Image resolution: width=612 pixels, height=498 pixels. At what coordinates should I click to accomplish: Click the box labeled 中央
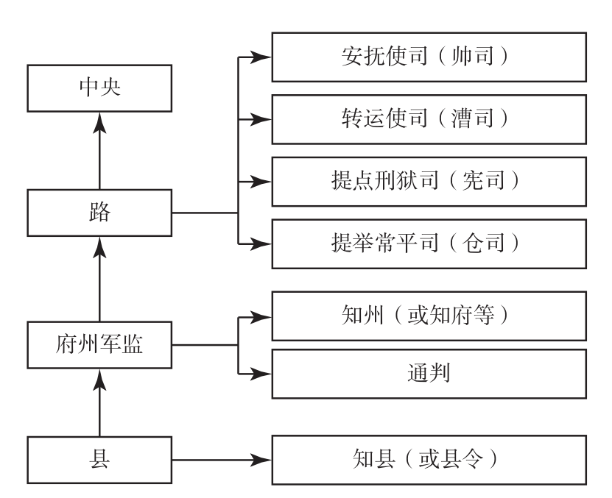click(99, 88)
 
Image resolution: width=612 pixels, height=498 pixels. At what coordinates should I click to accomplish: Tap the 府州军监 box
click(99, 344)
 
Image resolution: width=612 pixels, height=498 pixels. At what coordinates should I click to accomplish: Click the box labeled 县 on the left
click(99, 461)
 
